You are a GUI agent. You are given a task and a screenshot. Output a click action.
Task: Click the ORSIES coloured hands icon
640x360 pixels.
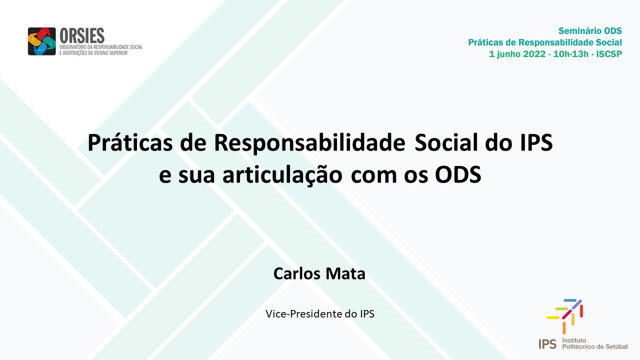(41, 41)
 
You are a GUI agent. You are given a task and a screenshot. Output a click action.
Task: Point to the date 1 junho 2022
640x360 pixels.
(517, 54)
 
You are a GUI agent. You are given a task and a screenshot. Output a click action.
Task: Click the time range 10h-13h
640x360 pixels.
(571, 54)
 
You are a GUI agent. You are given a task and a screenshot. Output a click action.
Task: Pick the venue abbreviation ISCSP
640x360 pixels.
(609, 54)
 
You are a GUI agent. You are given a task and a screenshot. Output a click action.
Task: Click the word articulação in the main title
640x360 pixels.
(282, 175)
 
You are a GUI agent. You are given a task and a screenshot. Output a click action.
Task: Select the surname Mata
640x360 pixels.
(345, 273)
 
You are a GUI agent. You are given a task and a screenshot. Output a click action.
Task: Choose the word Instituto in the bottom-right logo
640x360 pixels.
(574, 340)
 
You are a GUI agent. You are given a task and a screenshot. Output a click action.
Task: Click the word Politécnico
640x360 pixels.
(577, 346)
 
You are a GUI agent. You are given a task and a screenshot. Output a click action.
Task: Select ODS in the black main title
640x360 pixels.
(458, 174)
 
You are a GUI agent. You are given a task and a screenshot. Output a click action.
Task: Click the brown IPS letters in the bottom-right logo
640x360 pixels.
(547, 344)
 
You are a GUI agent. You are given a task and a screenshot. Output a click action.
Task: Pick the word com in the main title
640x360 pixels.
(373, 176)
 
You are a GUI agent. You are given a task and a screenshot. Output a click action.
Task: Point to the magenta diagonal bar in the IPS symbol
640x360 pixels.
(567, 314)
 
